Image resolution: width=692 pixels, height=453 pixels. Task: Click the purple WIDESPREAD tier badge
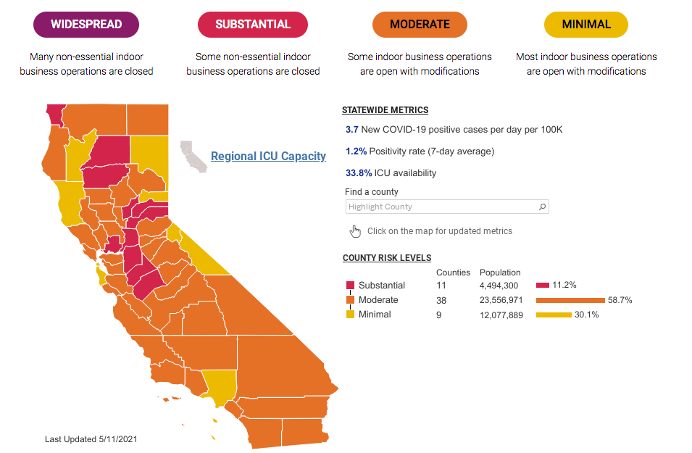coord(86,24)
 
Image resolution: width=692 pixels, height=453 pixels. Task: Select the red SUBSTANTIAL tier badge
coord(253,24)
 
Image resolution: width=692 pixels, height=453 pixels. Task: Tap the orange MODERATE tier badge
coord(420,24)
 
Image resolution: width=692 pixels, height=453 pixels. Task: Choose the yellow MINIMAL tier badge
coord(586,24)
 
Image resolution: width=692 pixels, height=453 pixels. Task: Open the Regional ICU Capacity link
coord(268,156)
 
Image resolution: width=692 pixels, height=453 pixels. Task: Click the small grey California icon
coord(193,155)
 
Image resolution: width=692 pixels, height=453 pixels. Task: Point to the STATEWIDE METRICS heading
coord(385,110)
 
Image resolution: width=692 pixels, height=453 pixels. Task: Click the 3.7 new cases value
coord(352,130)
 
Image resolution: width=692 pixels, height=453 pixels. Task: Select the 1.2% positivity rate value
coord(356,151)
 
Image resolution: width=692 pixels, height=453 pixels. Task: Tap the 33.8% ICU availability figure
coord(359,173)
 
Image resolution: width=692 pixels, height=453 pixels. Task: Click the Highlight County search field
coord(442,207)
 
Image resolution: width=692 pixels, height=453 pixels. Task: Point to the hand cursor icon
coord(355,230)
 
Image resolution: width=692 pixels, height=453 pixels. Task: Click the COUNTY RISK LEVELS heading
coord(387,258)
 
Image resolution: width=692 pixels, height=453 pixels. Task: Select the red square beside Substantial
coord(350,286)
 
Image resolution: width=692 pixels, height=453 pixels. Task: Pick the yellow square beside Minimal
coord(350,315)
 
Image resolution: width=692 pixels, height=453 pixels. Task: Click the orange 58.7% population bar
coord(570,300)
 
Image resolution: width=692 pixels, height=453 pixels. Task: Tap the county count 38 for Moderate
coord(441,300)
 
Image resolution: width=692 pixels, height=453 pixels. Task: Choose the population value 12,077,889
coord(501,315)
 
